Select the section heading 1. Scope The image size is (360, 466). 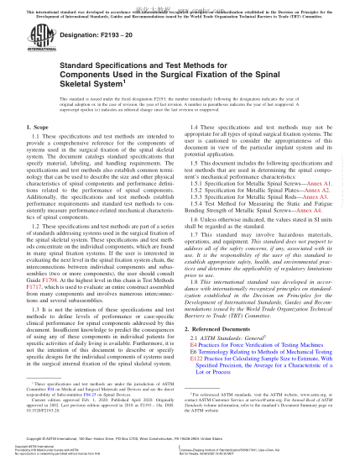[34, 151]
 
